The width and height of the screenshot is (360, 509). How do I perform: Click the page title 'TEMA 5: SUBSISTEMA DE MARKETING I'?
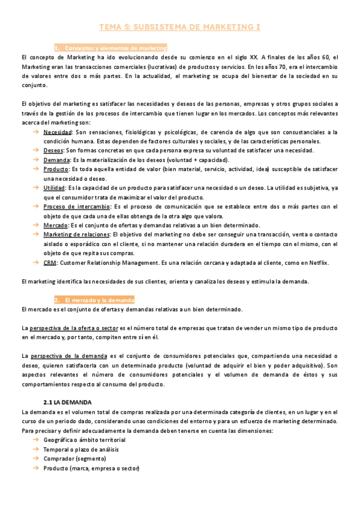click(180, 27)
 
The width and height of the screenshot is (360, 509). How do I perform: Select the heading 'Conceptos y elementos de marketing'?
click(115, 47)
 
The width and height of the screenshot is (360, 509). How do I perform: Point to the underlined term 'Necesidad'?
click(58, 132)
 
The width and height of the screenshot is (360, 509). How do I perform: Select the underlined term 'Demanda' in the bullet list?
click(56, 160)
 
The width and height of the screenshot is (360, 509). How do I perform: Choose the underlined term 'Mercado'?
click(56, 226)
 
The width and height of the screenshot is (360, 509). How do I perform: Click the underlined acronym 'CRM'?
click(50, 263)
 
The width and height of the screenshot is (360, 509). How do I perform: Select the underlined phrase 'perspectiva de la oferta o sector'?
click(74, 328)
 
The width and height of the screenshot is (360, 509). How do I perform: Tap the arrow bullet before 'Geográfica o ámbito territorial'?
click(36, 440)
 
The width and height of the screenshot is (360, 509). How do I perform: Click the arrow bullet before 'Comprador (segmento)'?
click(36, 459)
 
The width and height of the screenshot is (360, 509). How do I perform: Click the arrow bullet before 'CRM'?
click(36, 263)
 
